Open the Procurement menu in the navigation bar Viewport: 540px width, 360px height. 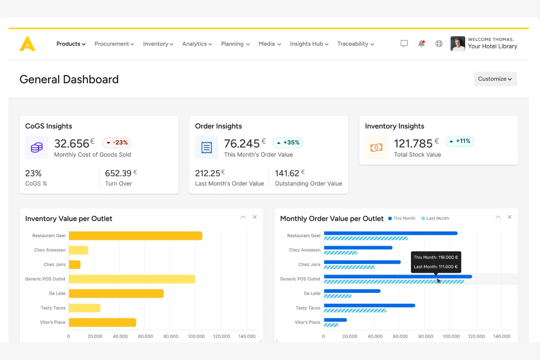(x=114, y=44)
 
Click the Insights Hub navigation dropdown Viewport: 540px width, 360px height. (x=309, y=44)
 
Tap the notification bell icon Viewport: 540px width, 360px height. (x=421, y=44)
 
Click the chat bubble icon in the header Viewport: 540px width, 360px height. (x=404, y=44)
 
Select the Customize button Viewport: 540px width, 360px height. (x=495, y=79)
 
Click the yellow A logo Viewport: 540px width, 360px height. (x=28, y=44)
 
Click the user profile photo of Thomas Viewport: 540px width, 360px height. (x=458, y=44)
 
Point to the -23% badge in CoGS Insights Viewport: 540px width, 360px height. (x=117, y=143)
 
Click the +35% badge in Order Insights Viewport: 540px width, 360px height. (x=288, y=143)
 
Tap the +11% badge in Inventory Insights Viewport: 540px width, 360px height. (x=459, y=141)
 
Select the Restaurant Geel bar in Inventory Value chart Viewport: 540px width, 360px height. (x=135, y=236)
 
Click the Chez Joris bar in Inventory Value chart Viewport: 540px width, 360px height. (x=74, y=264)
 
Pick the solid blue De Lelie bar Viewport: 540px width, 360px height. (x=352, y=291)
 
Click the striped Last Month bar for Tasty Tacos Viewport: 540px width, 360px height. (x=355, y=311)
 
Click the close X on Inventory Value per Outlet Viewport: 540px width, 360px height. (x=255, y=217)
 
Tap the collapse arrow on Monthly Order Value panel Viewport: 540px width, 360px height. (x=498, y=217)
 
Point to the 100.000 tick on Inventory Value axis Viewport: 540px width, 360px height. (x=196, y=336)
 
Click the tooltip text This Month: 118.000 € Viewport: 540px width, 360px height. (x=436, y=257)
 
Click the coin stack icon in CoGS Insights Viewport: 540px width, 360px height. (x=37, y=147)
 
